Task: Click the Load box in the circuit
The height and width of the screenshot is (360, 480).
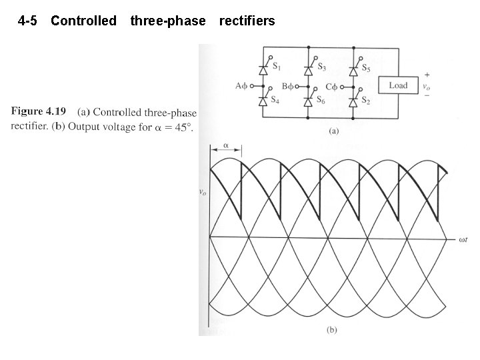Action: [398, 85]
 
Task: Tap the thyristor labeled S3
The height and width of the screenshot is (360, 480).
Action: [309, 68]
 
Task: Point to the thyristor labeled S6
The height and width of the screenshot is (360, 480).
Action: [309, 101]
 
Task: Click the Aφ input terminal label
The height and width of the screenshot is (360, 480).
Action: [241, 86]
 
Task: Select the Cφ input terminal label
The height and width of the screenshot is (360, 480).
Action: [331, 86]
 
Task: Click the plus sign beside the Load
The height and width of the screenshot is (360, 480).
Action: [426, 75]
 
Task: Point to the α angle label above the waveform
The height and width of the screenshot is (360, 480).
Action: [225, 144]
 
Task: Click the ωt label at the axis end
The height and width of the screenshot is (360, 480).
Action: [465, 238]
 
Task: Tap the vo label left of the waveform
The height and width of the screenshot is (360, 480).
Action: [203, 192]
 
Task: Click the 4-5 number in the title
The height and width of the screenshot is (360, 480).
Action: [28, 21]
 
